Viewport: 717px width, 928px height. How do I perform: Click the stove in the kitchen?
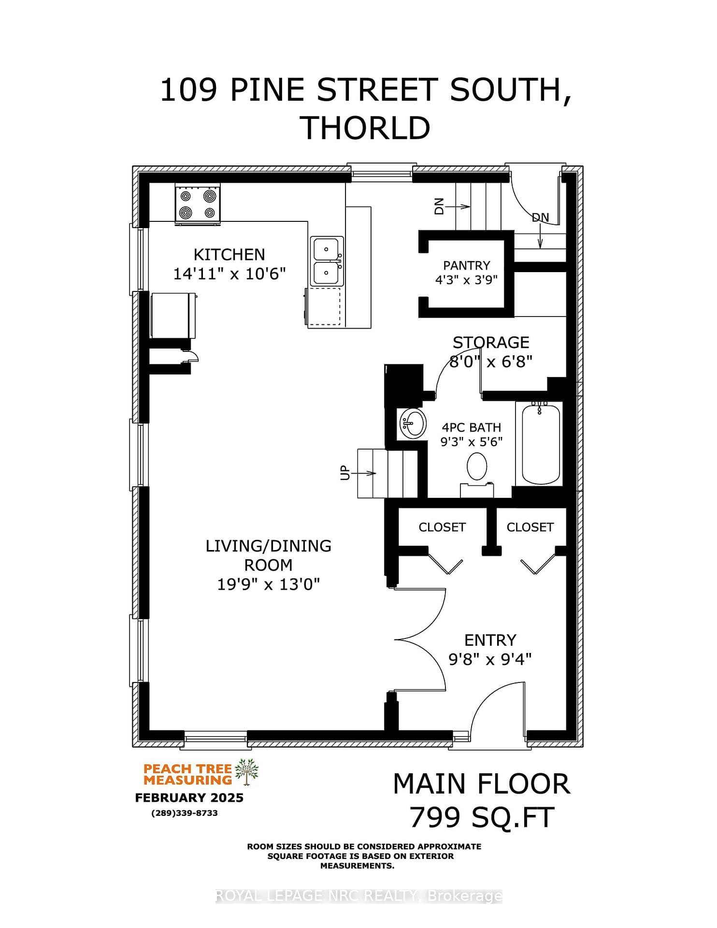[x=198, y=204]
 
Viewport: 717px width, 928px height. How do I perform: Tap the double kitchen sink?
[x=327, y=261]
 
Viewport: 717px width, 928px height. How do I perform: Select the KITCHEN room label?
[x=229, y=255]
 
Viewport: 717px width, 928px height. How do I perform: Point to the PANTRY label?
[x=467, y=265]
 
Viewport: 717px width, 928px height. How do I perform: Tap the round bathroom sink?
[x=412, y=423]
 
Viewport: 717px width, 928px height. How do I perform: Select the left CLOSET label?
[x=442, y=527]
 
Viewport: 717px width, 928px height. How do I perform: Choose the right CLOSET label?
[x=530, y=527]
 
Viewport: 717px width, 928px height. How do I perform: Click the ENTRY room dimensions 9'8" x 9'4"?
[x=490, y=659]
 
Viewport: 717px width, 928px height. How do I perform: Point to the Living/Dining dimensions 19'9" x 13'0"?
[x=269, y=584]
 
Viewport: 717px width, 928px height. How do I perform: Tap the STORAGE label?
[x=491, y=343]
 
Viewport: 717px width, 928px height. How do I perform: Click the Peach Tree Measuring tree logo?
[x=247, y=772]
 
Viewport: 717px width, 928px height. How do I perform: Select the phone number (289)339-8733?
[x=185, y=813]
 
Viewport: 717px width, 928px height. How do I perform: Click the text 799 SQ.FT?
[x=482, y=818]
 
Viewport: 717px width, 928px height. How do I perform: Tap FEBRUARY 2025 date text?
[x=189, y=797]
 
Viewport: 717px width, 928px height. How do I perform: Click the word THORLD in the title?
[x=366, y=128]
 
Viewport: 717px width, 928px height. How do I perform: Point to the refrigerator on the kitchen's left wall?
[x=173, y=316]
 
